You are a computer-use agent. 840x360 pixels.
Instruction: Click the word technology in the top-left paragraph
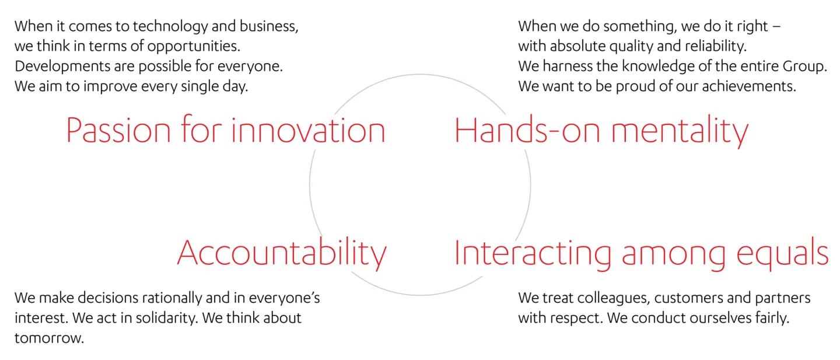pyautogui.click(x=170, y=27)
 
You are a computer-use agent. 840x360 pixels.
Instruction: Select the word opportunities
pyautogui.click(x=194, y=47)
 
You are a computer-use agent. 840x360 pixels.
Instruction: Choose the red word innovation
pyautogui.click(x=308, y=130)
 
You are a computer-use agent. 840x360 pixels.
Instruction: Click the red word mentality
pyautogui.click(x=680, y=132)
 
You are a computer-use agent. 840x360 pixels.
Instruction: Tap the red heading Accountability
pyautogui.click(x=282, y=253)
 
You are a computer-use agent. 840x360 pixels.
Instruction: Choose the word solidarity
pyautogui.click(x=167, y=319)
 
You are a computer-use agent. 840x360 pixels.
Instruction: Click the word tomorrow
pyautogui.click(x=49, y=338)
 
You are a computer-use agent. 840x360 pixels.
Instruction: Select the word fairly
pyautogui.click(x=772, y=319)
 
